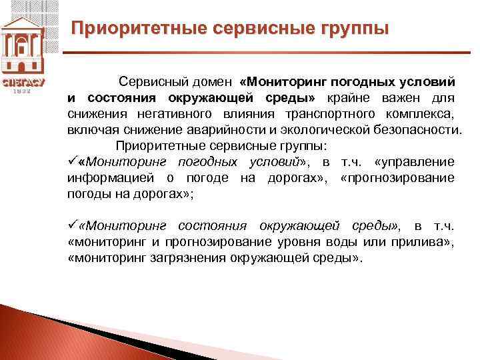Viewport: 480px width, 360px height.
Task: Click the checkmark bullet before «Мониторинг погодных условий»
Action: (72, 161)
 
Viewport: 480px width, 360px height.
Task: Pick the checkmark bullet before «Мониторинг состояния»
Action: (72, 225)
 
